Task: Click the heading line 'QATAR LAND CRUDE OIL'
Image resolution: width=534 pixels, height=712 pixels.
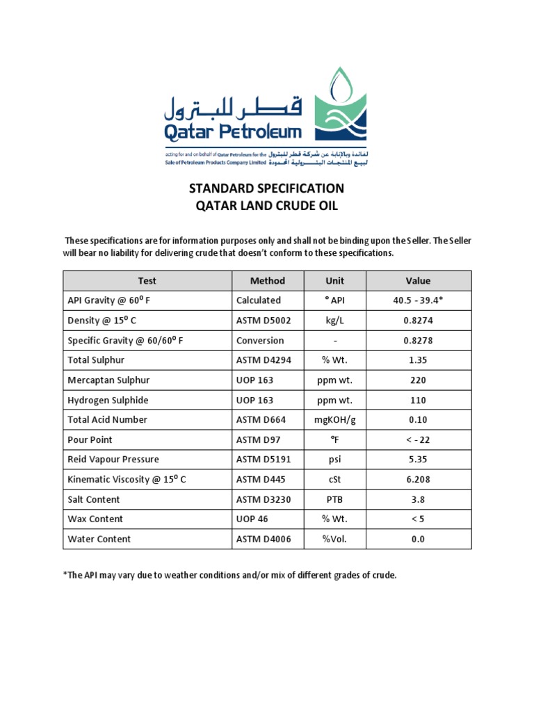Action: click(267, 207)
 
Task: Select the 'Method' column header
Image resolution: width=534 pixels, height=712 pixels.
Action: click(268, 281)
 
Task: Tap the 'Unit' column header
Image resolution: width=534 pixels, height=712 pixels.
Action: click(335, 281)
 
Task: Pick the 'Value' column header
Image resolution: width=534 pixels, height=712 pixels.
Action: click(419, 281)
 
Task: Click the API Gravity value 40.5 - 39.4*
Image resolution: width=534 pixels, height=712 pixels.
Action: click(419, 300)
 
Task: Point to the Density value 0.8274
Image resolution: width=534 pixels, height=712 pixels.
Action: click(419, 321)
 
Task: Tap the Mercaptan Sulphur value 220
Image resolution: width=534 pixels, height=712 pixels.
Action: click(419, 380)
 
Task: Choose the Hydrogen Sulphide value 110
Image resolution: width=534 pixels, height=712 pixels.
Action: click(419, 400)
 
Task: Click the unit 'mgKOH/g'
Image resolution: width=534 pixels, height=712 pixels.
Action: click(335, 420)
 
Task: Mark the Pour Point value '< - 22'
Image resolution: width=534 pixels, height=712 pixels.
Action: click(419, 440)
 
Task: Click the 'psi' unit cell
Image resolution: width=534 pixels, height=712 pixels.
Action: click(335, 460)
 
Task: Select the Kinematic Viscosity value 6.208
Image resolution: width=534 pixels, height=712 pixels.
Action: click(419, 480)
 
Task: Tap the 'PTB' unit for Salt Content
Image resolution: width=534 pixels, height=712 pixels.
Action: click(335, 499)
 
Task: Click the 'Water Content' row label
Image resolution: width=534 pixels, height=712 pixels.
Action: click(99, 539)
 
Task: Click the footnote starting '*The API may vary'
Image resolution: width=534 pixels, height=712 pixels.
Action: click(229, 576)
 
